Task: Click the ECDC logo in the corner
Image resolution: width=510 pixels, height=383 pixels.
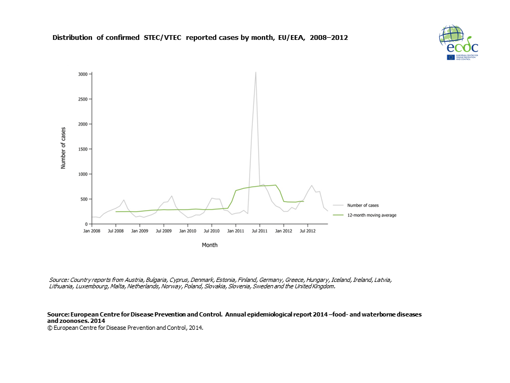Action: [458, 42]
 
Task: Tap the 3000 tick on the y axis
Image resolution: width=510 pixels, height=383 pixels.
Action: [83, 74]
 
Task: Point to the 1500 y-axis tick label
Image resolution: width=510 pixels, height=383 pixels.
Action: [83, 149]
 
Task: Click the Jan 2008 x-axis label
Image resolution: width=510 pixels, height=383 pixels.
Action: [92, 231]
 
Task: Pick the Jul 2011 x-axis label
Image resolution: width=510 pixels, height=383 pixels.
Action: [259, 231]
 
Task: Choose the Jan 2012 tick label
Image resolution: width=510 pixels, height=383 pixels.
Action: [284, 231]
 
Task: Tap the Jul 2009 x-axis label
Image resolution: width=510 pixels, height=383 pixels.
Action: [163, 231]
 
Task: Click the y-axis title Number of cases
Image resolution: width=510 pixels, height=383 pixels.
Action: [63, 148]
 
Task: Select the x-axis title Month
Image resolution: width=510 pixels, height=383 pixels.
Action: [209, 245]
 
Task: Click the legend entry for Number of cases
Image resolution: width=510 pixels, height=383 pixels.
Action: [363, 205]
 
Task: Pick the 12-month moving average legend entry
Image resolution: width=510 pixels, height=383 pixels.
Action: [372, 215]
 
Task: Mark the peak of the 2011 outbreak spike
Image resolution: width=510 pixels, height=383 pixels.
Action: [256, 72]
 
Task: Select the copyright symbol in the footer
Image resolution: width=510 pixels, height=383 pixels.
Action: [49, 328]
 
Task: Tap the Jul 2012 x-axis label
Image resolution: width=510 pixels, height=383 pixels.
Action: [308, 231]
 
